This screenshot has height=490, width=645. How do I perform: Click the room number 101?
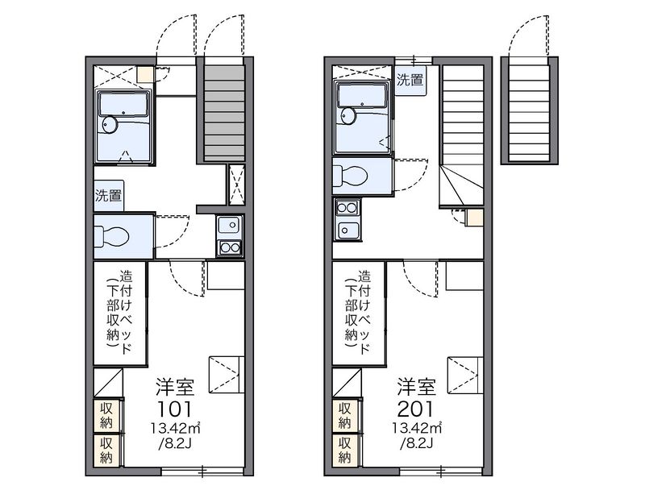175,409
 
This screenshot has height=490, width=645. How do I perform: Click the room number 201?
415,409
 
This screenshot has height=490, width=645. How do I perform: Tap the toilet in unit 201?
350,176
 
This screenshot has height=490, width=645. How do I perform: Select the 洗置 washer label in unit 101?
109,195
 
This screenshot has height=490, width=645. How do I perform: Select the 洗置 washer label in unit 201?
410,80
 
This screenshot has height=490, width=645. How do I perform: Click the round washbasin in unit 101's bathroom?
110,124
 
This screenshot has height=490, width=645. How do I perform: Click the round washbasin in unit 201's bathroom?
348,116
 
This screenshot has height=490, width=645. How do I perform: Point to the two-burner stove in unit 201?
347,209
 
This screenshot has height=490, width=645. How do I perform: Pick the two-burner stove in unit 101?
230,248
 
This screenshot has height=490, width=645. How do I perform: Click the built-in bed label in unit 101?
119,311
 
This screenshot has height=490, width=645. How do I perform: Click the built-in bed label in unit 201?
358,311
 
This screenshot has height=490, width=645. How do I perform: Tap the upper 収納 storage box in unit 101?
106,416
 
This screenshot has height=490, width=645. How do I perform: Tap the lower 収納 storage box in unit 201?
345,451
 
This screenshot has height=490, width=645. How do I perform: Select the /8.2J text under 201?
416,443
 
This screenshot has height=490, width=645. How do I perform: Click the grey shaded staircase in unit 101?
224,114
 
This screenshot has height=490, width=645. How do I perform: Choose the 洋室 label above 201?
416,386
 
